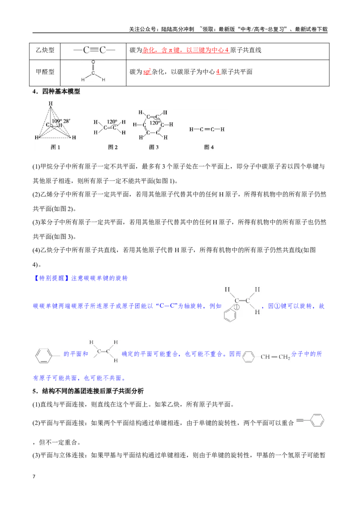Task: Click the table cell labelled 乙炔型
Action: (45, 50)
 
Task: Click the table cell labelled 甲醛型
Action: (45, 72)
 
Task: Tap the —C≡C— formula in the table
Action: (94, 50)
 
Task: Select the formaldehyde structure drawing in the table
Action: (93, 71)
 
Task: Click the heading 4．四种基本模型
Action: (56, 92)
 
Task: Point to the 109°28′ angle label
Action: (61, 121)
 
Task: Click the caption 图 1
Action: (55, 147)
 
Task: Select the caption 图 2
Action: (113, 147)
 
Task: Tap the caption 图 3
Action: (154, 147)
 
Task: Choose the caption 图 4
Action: (209, 147)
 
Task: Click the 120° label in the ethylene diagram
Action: (112, 122)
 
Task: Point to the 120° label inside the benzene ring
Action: (154, 123)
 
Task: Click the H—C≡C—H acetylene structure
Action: (207, 129)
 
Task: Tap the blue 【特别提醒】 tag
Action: (51, 278)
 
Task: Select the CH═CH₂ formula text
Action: (275, 357)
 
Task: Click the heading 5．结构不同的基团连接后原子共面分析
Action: (88, 391)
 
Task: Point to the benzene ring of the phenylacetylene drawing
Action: (317, 420)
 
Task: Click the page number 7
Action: (34, 477)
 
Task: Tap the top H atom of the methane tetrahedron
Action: (51, 103)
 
